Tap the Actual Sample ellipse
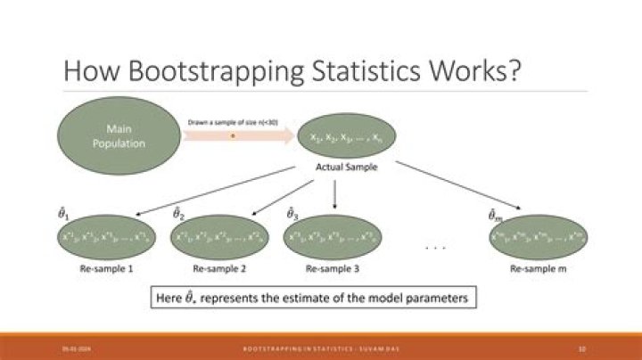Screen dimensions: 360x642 pyautogui.click(x=348, y=136)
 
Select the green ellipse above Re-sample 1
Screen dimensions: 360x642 pyautogui.click(x=103, y=238)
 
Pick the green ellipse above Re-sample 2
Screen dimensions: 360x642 pyautogui.click(x=218, y=238)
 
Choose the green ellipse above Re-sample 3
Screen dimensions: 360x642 pyautogui.click(x=333, y=238)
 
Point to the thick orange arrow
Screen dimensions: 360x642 pyautogui.click(x=239, y=136)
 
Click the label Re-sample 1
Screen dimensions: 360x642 pyautogui.click(x=104, y=268)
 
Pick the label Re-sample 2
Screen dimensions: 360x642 pyautogui.click(x=218, y=268)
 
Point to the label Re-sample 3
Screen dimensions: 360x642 pyautogui.click(x=333, y=268)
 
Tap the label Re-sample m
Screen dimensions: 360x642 pyautogui.click(x=537, y=268)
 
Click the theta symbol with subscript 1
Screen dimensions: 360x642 pyautogui.click(x=63, y=215)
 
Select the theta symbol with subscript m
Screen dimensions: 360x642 pyautogui.click(x=493, y=215)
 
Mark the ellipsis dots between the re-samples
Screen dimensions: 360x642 pyautogui.click(x=436, y=247)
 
